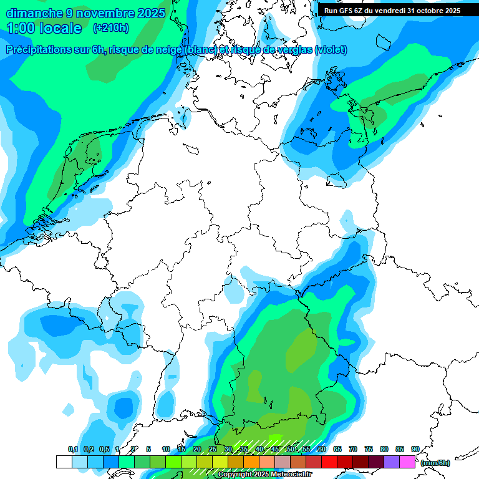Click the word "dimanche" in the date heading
click(x=34, y=13)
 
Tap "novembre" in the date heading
click(x=105, y=13)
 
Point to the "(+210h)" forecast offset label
click(x=110, y=28)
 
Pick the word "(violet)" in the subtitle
click(x=331, y=50)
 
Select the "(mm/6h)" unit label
click(x=435, y=463)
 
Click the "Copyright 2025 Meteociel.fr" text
click(x=264, y=475)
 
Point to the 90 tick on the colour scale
click(x=415, y=449)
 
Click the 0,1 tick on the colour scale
click(x=72, y=449)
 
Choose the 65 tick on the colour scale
click(x=337, y=449)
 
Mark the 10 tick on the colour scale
click(x=165, y=449)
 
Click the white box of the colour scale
click(x=64, y=462)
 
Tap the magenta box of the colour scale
click(x=407, y=462)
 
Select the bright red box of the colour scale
click(x=329, y=462)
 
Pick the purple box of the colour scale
click(x=392, y=462)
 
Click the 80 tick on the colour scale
click(x=384, y=449)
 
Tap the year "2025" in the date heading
click(x=150, y=13)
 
